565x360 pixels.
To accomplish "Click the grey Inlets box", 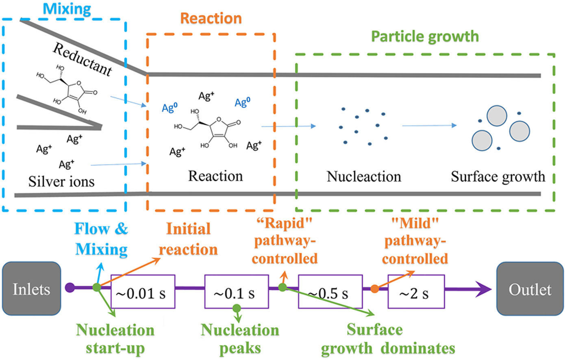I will pyautogui.click(x=31, y=289).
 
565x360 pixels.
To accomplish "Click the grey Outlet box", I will pyautogui.click(x=530, y=289).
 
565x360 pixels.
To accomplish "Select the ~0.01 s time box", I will pyautogui.click(x=143, y=292).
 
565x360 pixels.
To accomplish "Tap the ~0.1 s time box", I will pyautogui.click(x=236, y=292).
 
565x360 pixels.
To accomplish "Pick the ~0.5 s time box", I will pyautogui.click(x=330, y=292).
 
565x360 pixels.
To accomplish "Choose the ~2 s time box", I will pyautogui.click(x=416, y=292).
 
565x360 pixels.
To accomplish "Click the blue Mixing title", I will pyautogui.click(x=67, y=9).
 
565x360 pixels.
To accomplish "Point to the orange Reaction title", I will pyautogui.click(x=211, y=18).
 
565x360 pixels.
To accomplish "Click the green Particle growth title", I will pyautogui.click(x=425, y=37).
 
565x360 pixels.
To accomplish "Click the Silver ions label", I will pyautogui.click(x=61, y=181).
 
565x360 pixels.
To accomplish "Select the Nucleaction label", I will pyautogui.click(x=364, y=177).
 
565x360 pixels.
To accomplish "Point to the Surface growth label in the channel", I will pyautogui.click(x=498, y=177).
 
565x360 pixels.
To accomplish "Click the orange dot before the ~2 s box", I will pyautogui.click(x=374, y=288).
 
